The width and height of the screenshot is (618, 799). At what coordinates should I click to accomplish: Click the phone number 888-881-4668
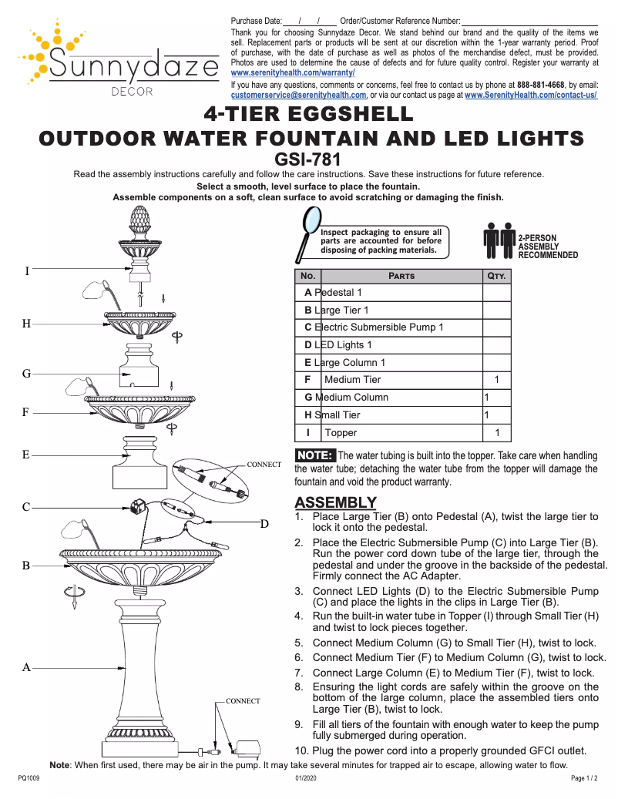(540, 84)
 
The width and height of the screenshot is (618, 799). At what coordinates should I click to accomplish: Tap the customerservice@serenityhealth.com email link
(298, 96)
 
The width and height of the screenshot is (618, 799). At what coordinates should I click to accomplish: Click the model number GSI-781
(309, 159)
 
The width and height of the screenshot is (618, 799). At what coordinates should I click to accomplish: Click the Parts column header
(401, 276)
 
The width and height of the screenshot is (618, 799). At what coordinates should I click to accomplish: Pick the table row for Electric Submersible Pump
(374, 327)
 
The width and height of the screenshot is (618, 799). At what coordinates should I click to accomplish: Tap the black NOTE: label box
(315, 455)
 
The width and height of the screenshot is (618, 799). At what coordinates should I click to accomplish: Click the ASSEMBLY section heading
(335, 502)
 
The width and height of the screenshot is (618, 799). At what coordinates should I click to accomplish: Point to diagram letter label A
(26, 668)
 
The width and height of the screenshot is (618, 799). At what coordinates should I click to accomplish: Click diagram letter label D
(264, 524)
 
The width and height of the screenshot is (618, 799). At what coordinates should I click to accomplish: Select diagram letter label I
(27, 271)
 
